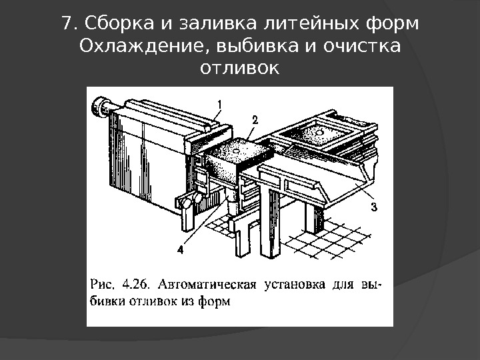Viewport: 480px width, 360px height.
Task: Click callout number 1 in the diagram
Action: point(219,103)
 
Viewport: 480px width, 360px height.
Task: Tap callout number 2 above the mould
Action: point(253,119)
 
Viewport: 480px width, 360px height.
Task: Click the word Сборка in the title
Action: point(109,24)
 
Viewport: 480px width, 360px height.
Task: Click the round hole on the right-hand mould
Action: point(319,133)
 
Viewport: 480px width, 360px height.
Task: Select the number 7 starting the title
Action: point(65,24)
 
